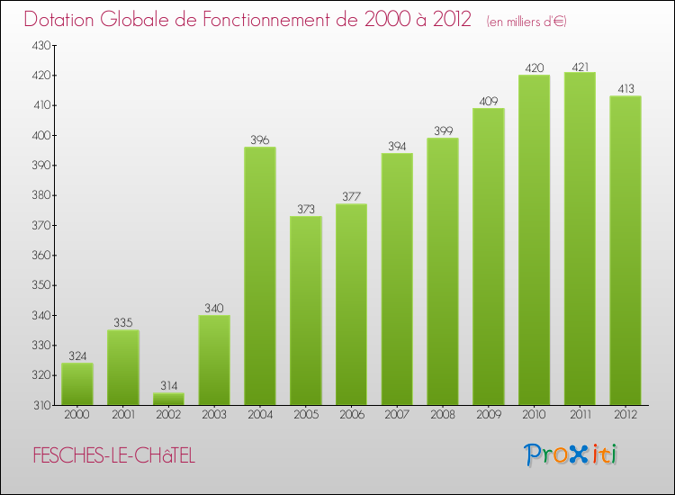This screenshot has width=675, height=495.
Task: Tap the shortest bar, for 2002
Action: pyautogui.click(x=168, y=399)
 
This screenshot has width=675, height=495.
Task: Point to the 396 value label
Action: pyautogui.click(x=260, y=139)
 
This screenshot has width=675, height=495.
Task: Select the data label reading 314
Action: pyautogui.click(x=168, y=385)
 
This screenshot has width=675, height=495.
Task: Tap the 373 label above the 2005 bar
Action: pyautogui.click(x=306, y=209)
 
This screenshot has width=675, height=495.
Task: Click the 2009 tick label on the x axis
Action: pyautogui.click(x=489, y=415)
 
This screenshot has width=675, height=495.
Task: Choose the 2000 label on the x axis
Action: pyautogui.click(x=77, y=415)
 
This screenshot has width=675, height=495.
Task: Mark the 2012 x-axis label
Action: pyautogui.click(x=625, y=415)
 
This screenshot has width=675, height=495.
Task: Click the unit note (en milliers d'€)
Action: pyautogui.click(x=526, y=22)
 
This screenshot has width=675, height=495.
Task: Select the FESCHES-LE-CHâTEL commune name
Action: pyautogui.click(x=112, y=456)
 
